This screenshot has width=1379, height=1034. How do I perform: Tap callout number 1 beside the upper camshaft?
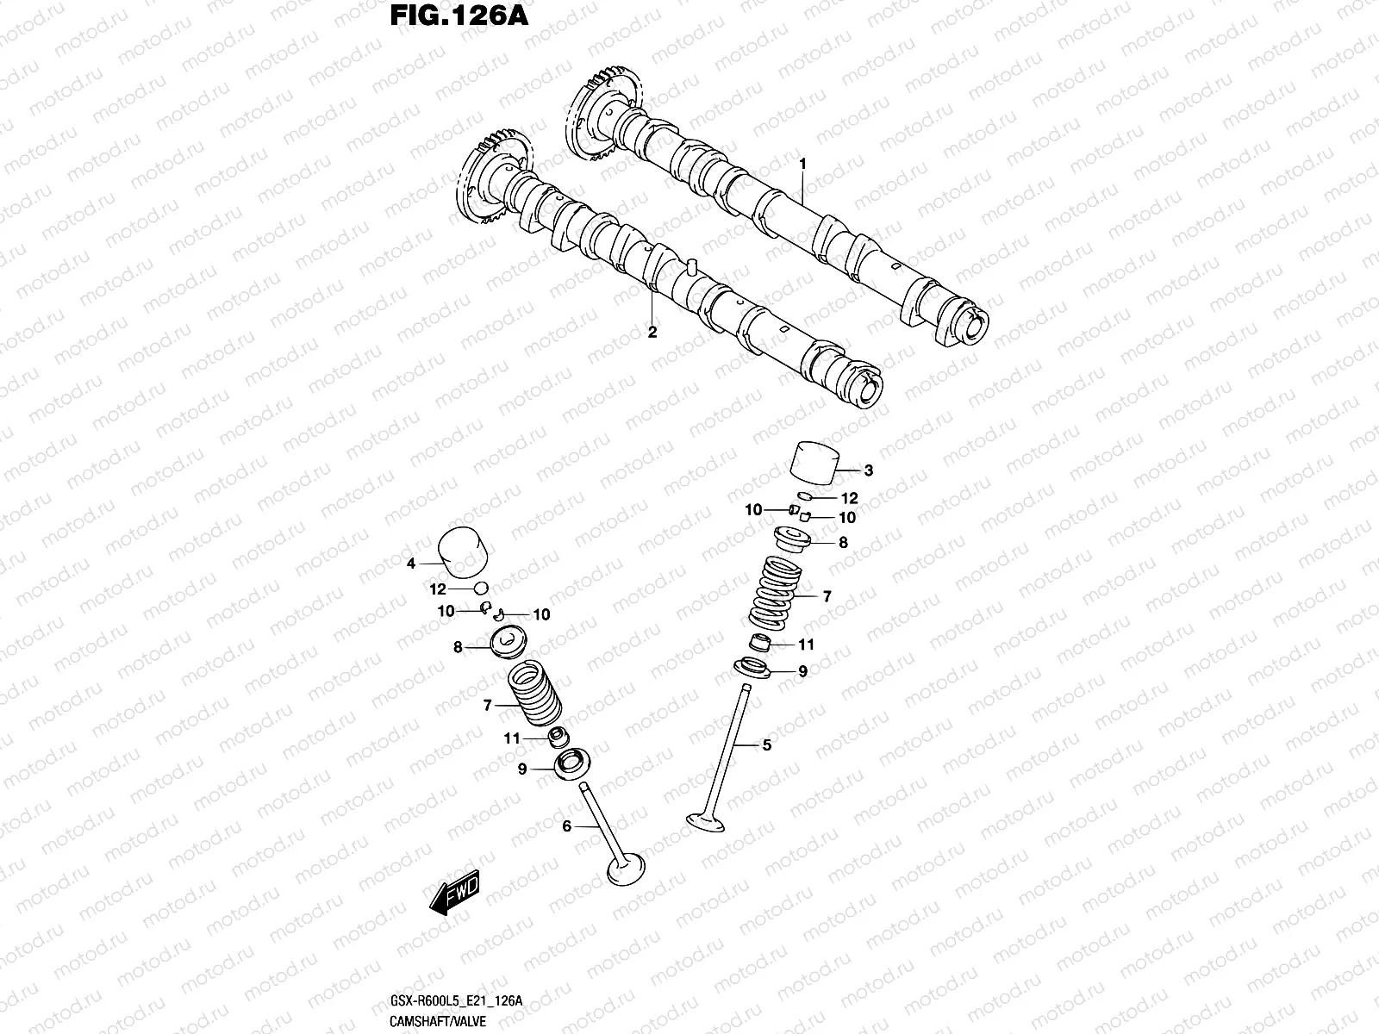(x=802, y=163)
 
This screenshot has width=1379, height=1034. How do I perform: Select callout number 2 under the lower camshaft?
(x=652, y=333)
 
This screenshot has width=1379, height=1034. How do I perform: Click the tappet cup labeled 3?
(x=814, y=465)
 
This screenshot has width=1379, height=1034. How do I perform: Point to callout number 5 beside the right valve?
(x=766, y=744)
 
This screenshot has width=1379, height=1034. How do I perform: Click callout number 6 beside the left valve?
(x=566, y=826)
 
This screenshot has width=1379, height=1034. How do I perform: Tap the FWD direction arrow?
(x=453, y=894)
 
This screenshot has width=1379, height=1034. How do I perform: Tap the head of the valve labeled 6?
(x=627, y=869)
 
